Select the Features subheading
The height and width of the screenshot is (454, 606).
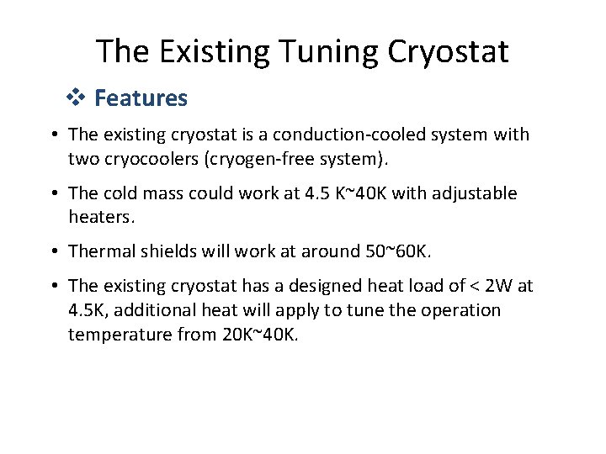pos(141,98)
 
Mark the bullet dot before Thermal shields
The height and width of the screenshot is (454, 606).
pos(53,252)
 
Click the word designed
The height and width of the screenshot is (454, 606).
pos(329,287)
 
